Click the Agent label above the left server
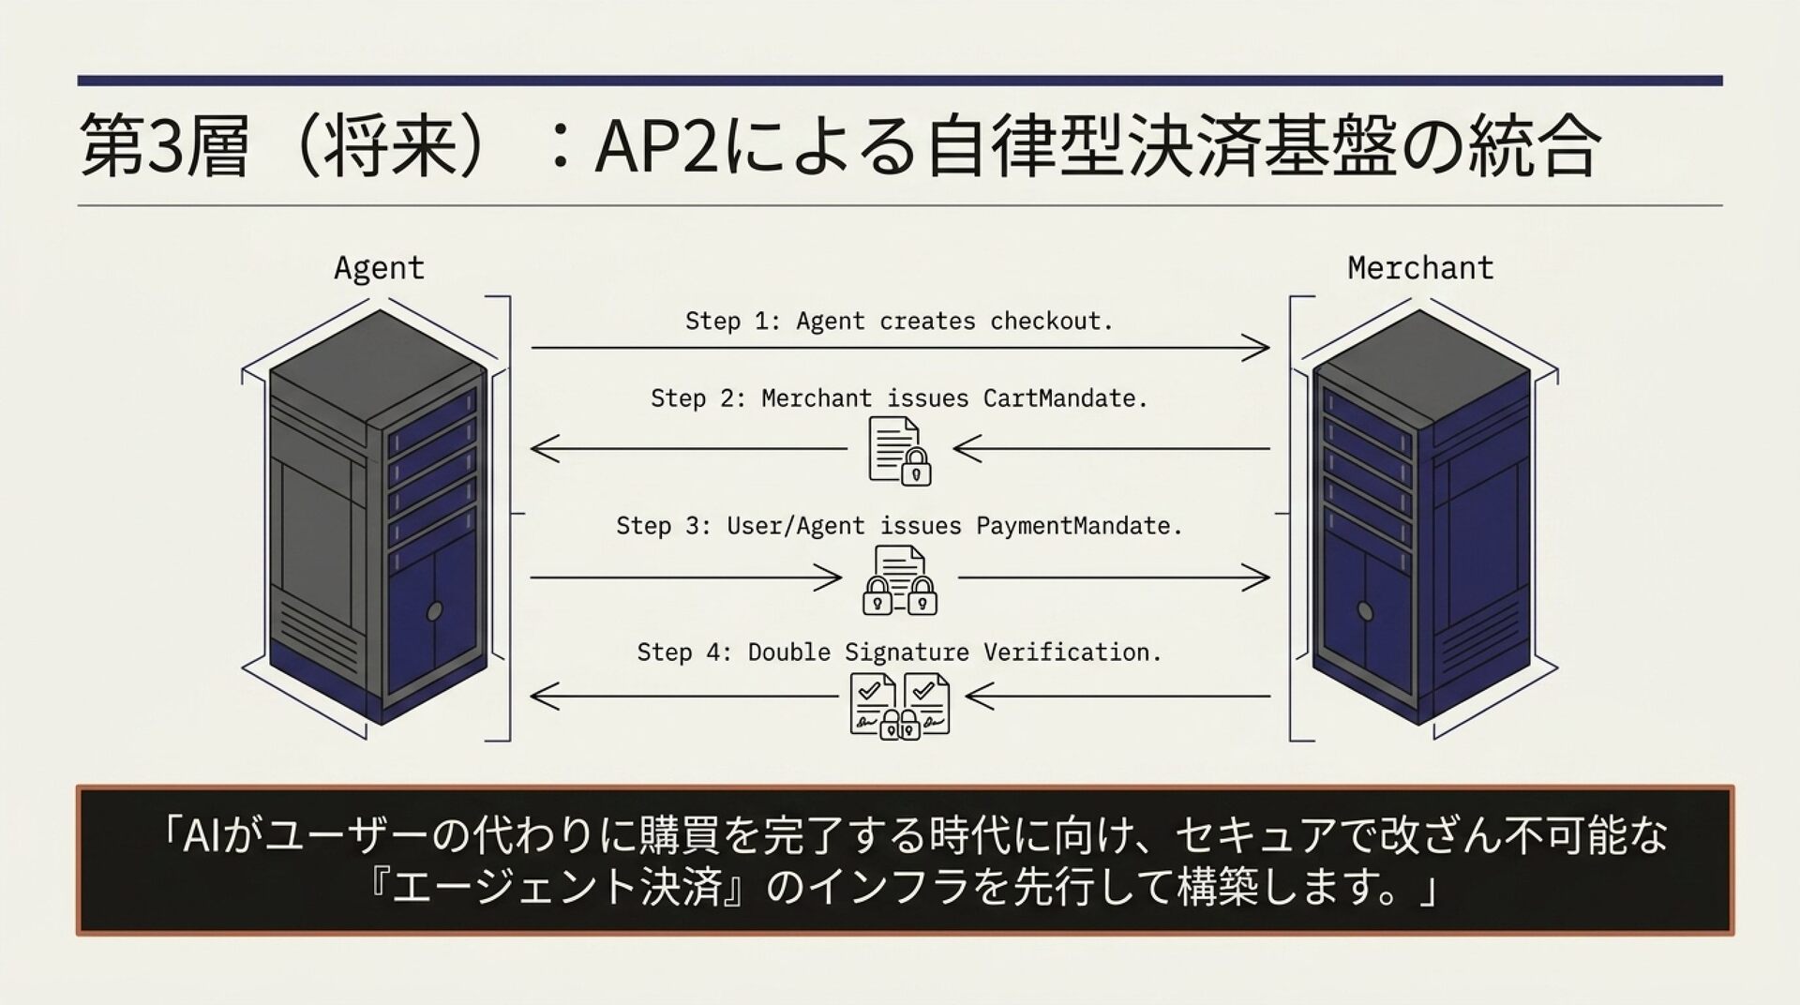click(379, 270)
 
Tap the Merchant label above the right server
click(1420, 268)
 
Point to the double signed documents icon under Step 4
click(900, 705)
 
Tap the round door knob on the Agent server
click(434, 612)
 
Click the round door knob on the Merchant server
click(1365, 612)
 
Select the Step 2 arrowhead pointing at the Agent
click(545, 448)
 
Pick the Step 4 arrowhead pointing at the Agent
click(545, 697)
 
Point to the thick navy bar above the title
click(900, 81)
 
